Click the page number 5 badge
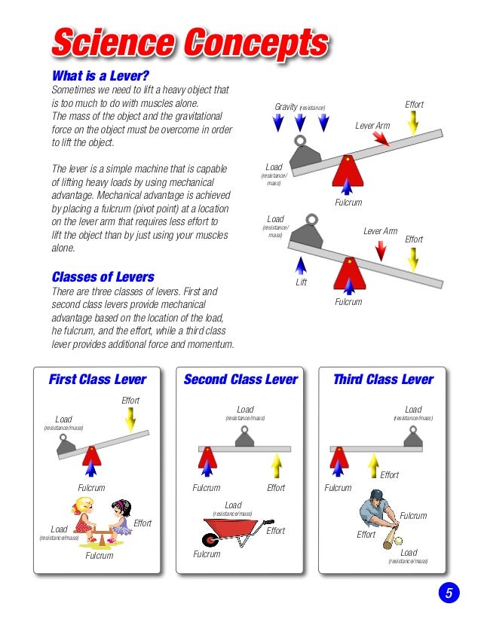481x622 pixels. click(448, 593)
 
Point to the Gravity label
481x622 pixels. click(286, 108)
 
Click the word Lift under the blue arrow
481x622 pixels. click(302, 283)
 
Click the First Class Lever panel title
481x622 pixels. click(97, 380)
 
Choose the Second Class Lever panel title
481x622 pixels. click(240, 380)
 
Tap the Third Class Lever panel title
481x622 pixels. click(383, 380)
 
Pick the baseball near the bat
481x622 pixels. click(398, 541)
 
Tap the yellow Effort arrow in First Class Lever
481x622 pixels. click(130, 419)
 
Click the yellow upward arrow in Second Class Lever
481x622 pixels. click(277, 466)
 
